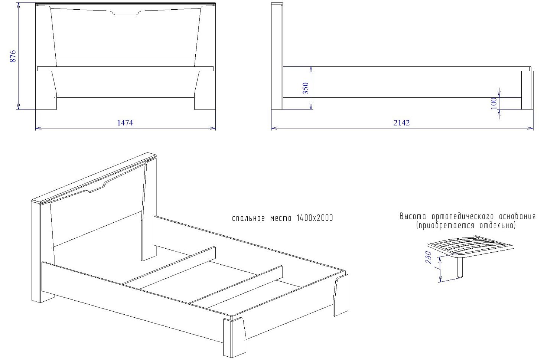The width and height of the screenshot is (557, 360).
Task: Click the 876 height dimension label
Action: click(13, 56)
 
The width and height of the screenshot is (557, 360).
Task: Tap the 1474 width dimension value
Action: click(125, 123)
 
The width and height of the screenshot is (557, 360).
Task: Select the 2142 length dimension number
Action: click(401, 123)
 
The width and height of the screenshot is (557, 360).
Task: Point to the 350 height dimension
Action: click(306, 88)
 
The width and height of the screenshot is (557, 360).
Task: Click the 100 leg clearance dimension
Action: click(494, 103)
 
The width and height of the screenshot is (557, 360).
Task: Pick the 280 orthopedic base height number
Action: click(429, 258)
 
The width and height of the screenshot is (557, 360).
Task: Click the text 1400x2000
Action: click(315, 218)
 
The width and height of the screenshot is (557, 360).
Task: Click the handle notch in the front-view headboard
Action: click(127, 13)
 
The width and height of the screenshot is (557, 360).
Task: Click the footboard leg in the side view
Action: click(527, 90)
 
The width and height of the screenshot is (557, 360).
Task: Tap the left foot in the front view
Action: click(46, 90)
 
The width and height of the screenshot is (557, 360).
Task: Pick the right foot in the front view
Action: click(205, 90)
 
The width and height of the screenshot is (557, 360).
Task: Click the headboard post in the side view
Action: click(277, 56)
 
